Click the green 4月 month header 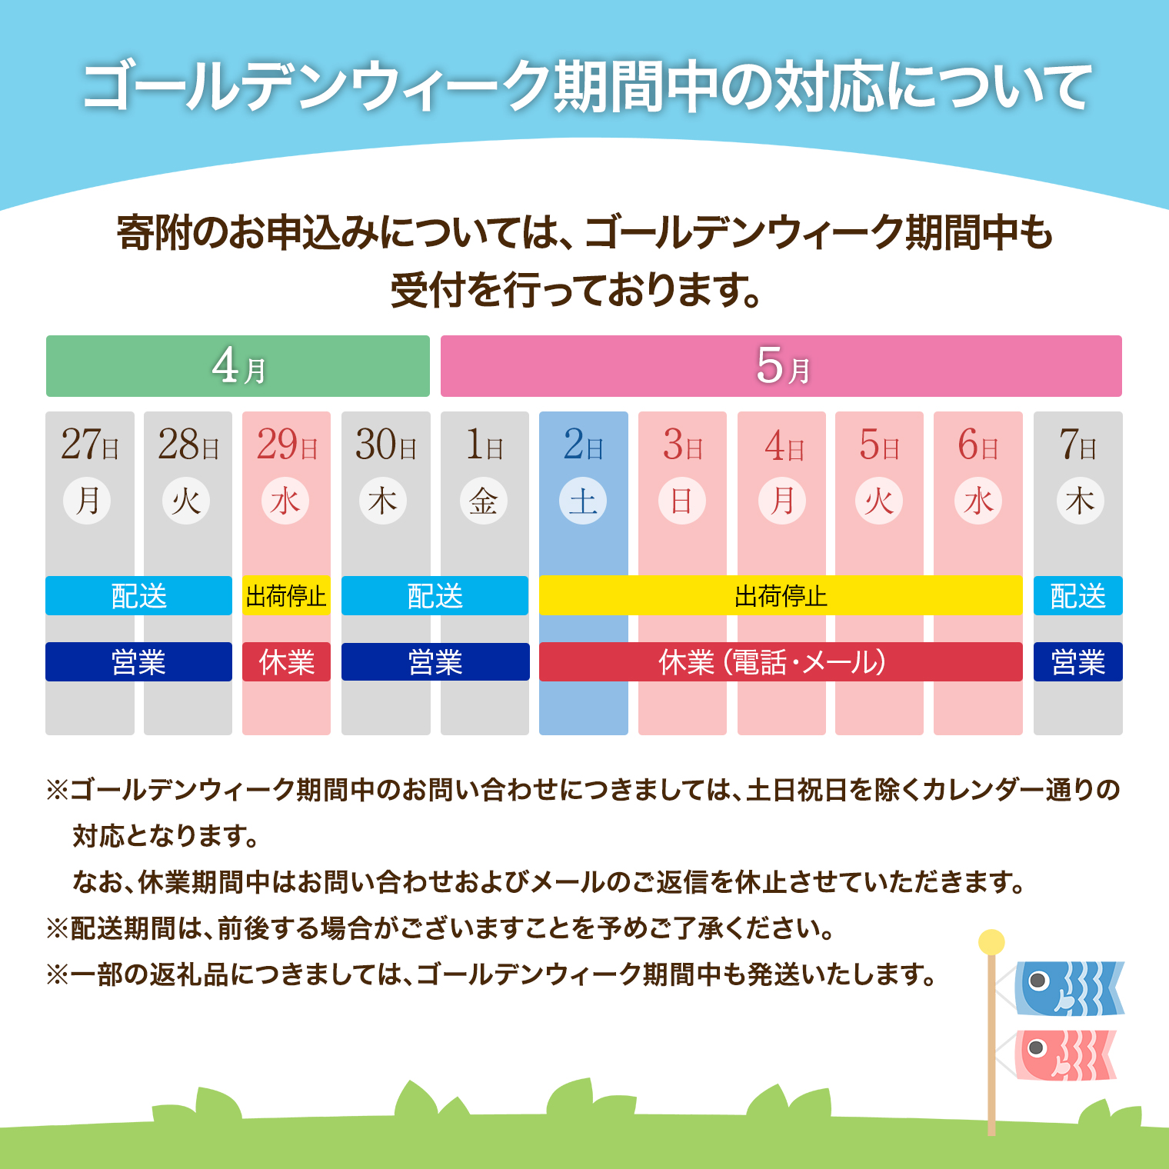[238, 366]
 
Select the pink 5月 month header [781, 366]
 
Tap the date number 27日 [89, 445]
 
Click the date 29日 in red [286, 445]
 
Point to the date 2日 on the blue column [583, 445]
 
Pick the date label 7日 [1077, 445]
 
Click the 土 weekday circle [583, 501]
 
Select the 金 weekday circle [484, 501]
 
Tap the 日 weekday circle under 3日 [682, 501]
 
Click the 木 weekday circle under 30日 [383, 501]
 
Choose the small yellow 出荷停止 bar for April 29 [286, 596]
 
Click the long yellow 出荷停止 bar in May [781, 596]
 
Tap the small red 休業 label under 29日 [286, 662]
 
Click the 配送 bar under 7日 [1077, 596]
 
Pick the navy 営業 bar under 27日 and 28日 [138, 662]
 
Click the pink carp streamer [1065, 1055]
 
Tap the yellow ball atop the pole [991, 942]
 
